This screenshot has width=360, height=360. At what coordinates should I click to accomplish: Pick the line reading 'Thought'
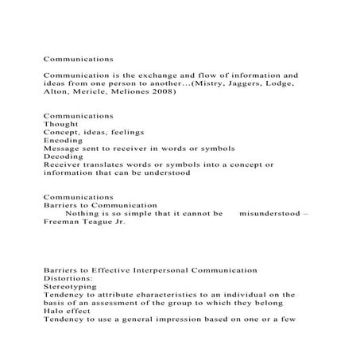tap(60, 124)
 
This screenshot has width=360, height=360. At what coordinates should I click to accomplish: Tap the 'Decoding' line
tap(64, 157)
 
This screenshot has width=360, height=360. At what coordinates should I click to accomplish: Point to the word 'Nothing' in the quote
tap(83, 214)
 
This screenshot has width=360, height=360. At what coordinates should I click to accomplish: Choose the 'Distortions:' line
tap(69, 280)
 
